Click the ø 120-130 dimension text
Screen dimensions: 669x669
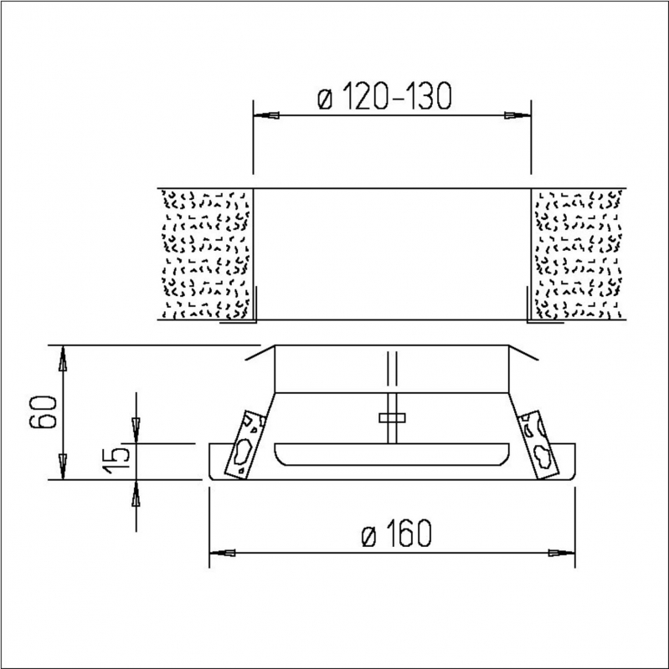385,99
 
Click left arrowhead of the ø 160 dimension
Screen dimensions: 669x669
221,553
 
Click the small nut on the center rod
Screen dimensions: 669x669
391,416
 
